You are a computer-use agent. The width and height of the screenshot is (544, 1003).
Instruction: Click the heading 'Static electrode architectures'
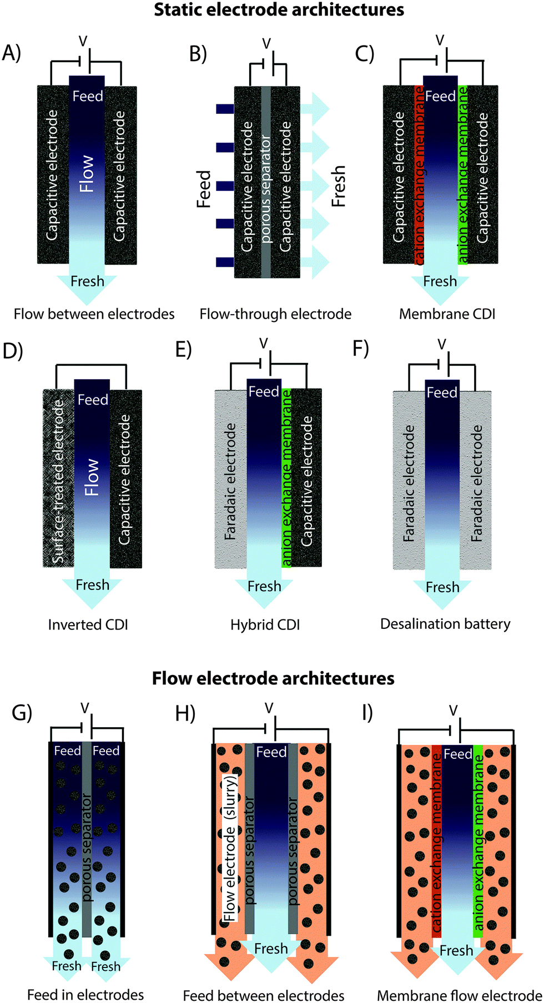pyautogui.click(x=279, y=10)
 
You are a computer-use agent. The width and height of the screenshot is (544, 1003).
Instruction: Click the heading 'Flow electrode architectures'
pyautogui.click(x=273, y=678)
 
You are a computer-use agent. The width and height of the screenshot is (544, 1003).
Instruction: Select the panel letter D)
pyautogui.click(x=12, y=352)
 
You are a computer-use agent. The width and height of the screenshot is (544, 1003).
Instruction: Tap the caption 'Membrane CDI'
pyautogui.click(x=447, y=314)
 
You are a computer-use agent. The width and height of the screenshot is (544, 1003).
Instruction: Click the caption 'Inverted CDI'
pyautogui.click(x=88, y=624)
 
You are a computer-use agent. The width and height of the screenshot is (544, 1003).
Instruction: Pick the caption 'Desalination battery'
pyautogui.click(x=445, y=624)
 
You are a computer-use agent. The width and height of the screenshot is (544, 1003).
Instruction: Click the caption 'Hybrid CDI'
pyautogui.click(x=265, y=624)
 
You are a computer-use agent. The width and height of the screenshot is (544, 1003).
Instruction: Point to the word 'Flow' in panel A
pyautogui.click(x=87, y=174)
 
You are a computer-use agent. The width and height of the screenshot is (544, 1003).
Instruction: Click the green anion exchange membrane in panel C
pyautogui.click(x=463, y=175)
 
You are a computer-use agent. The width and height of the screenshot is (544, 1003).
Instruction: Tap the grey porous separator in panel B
pyautogui.click(x=266, y=182)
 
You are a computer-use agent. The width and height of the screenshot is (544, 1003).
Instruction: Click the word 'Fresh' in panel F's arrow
pyautogui.click(x=442, y=587)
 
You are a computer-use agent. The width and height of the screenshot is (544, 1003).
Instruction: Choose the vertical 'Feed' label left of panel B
pyautogui.click(x=204, y=189)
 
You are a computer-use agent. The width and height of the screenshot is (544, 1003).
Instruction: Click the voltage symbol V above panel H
pyautogui.click(x=269, y=708)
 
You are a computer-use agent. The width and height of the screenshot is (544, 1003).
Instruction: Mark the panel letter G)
pyautogui.click(x=22, y=713)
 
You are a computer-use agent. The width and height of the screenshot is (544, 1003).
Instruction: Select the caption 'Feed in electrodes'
pyautogui.click(x=85, y=995)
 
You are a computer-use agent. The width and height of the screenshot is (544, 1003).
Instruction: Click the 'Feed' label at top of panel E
pyautogui.click(x=264, y=392)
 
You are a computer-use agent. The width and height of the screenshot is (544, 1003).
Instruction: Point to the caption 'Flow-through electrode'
pyautogui.click(x=275, y=314)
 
